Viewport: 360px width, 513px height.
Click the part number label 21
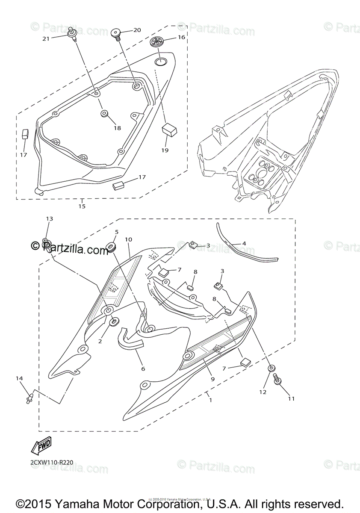click(x=46, y=38)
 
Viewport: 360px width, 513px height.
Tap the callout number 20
click(x=137, y=30)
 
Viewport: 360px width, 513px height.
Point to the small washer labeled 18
click(x=105, y=114)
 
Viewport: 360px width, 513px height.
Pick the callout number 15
click(x=82, y=206)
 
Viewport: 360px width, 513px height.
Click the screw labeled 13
click(x=45, y=242)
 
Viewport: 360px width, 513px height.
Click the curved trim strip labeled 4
click(x=248, y=252)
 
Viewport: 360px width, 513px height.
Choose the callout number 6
click(x=142, y=368)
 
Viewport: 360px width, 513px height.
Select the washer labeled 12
click(x=271, y=368)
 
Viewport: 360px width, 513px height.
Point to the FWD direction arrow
click(x=41, y=446)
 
